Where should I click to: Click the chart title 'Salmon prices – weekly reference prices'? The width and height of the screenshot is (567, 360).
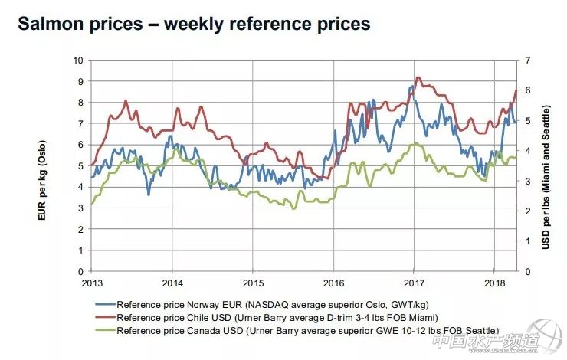click(193, 24)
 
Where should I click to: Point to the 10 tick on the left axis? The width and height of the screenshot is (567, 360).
click(78, 61)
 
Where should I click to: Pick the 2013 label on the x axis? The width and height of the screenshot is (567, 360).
click(91, 282)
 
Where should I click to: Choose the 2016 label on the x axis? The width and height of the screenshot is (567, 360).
click(333, 282)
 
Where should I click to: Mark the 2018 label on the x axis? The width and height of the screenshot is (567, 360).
click(494, 282)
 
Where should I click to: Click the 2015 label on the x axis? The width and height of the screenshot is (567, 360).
click(253, 282)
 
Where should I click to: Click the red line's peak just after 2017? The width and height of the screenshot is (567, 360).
click(417, 77)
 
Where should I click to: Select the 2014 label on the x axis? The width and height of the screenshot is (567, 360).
click(172, 282)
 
